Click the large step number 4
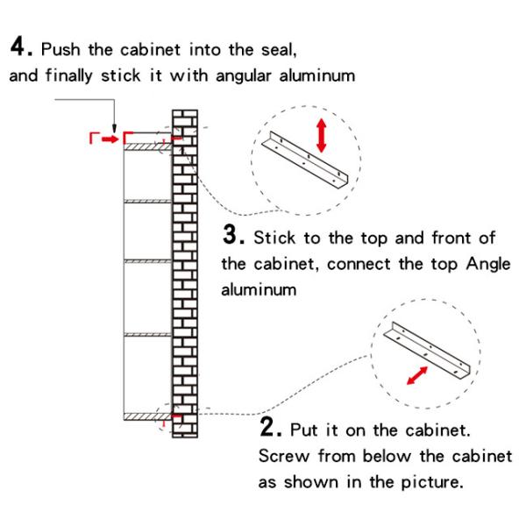pyautogui.click(x=18, y=46)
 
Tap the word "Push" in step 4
pyautogui.click(x=60, y=50)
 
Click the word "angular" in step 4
pyautogui.click(x=244, y=76)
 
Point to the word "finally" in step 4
pyautogui.click(x=69, y=75)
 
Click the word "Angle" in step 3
pyautogui.click(x=488, y=265)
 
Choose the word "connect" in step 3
pyautogui.click(x=359, y=264)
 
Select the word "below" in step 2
pyautogui.click(x=387, y=456)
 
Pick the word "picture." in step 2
pyautogui.click(x=432, y=482)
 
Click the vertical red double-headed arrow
pyautogui.click(x=322, y=135)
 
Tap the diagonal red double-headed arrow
pyautogui.click(x=417, y=375)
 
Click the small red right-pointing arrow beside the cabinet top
pyautogui.click(x=110, y=139)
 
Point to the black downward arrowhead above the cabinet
pyautogui.click(x=114, y=128)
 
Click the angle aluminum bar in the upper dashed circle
pyautogui.click(x=304, y=160)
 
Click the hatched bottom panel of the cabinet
pyautogui.click(x=147, y=416)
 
